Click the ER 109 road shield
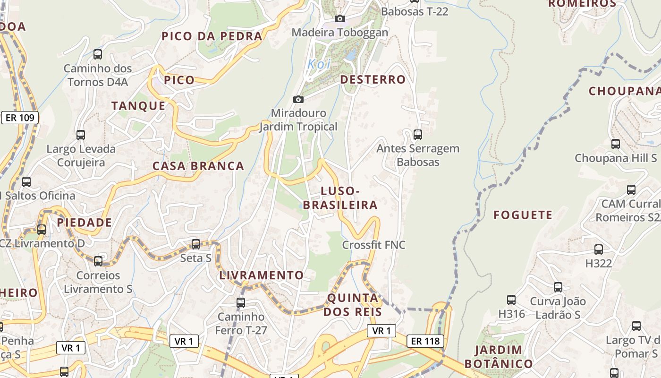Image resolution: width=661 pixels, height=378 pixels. pos(20,118)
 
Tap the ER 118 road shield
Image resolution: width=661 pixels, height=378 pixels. pos(425,341)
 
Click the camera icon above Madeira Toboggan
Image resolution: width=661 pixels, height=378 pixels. pos(339,19)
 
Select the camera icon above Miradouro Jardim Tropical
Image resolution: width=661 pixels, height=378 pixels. pos(298,99)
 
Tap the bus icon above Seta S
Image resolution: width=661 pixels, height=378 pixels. pos(196,244)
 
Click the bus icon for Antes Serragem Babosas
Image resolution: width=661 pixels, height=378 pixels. pos(418,135)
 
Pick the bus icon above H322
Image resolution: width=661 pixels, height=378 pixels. pos(599,249)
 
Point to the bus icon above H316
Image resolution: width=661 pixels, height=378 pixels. pos(511,300)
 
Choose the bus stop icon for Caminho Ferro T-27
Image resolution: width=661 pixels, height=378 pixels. pos(241,302)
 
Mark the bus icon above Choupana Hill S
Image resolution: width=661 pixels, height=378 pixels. pos(616,144)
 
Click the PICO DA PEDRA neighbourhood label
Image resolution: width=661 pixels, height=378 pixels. pos(212,36)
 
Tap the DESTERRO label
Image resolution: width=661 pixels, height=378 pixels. pos(373,79)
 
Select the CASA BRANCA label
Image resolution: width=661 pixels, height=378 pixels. pos(198,166)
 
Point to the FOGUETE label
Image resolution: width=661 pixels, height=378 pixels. pos(523,215)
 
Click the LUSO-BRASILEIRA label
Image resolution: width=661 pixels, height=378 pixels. pos(340,198)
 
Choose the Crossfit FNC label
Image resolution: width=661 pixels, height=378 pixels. pos(374,245)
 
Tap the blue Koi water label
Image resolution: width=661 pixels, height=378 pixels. pos(319,64)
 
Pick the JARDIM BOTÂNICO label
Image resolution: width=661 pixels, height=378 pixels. pos(499,357)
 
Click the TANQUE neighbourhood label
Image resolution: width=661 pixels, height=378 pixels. pos(139,106)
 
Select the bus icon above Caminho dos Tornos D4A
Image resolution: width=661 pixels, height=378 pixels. pos(98,54)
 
